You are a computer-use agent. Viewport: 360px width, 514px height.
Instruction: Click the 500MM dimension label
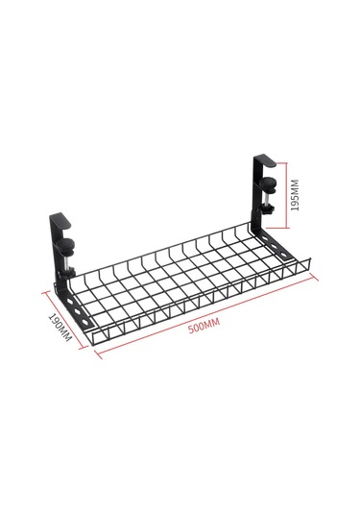tap(204, 326)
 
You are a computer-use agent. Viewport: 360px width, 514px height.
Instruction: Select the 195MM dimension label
tap(295, 195)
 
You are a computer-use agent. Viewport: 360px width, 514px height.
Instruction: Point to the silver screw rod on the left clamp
tap(67, 260)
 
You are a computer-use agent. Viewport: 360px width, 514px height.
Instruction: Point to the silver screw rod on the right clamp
tap(268, 199)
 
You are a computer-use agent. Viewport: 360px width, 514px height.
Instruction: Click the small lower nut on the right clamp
tap(267, 209)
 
